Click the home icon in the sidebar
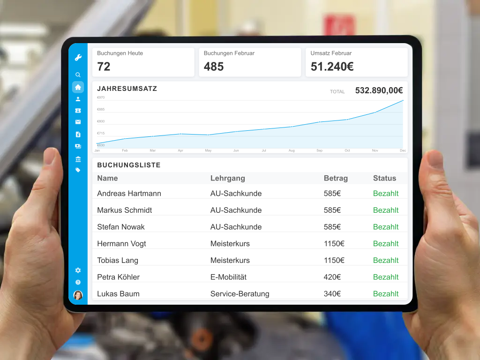tap(78, 87)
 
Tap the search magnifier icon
tap(78, 75)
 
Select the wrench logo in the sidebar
tap(78, 58)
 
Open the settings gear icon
tap(78, 270)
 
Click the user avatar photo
tap(78, 295)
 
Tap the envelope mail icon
tap(78, 122)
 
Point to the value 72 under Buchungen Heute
tap(104, 67)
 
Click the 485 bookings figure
tap(214, 67)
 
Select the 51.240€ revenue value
tap(332, 67)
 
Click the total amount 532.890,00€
tap(379, 90)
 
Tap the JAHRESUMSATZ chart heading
tap(127, 89)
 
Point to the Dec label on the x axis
tap(403, 150)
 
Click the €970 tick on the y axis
tap(101, 97)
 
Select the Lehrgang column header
tap(227, 178)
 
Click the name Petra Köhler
tap(118, 277)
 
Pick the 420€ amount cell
tap(332, 277)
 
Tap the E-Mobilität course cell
tap(228, 277)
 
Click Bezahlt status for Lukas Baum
tap(386, 294)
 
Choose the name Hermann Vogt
tap(121, 244)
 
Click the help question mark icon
tap(78, 282)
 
